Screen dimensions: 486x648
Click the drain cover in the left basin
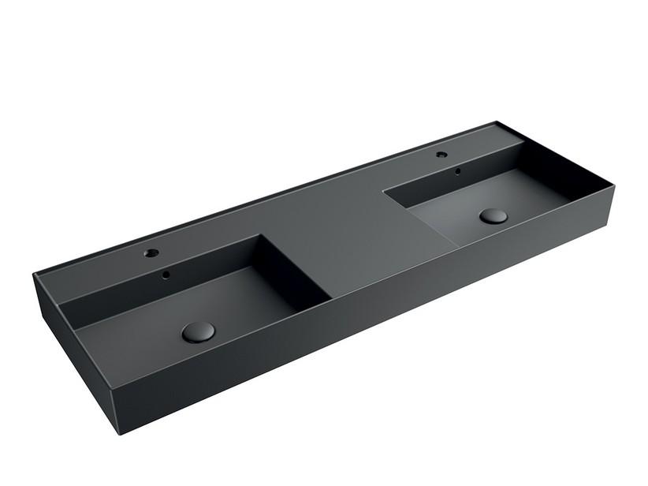click(196, 332)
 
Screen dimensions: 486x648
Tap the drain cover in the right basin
click(494, 215)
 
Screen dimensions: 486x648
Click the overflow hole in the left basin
click(167, 275)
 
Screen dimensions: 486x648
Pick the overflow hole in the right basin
click(456, 169)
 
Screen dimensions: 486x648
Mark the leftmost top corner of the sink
click(33, 275)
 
